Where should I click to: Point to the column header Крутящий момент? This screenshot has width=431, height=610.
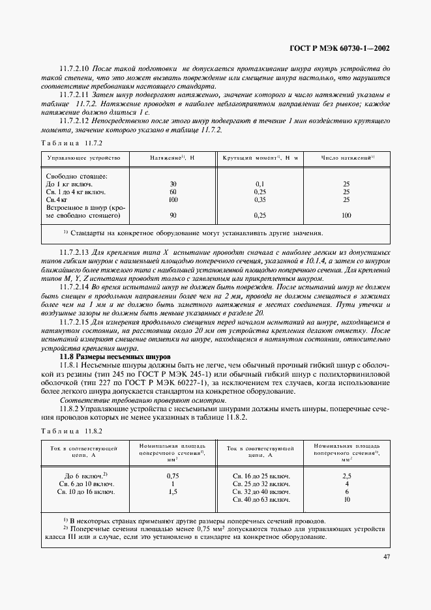pos(260,158)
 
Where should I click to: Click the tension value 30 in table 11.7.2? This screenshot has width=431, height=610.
pos(173,184)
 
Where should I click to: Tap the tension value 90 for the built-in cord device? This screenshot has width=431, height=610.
pos(173,215)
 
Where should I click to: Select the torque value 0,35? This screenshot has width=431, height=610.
pos(261,200)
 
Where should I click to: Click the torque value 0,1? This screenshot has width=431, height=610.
pos(261,184)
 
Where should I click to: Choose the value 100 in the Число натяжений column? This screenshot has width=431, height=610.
pos(346,215)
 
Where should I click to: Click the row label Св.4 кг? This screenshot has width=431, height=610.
pos(58,200)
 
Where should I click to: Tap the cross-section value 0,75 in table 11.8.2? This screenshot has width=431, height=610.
pos(173,476)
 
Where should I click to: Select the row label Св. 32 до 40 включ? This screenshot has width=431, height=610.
pos(261,492)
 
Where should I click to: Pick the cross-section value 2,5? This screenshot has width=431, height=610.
pos(347,476)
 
